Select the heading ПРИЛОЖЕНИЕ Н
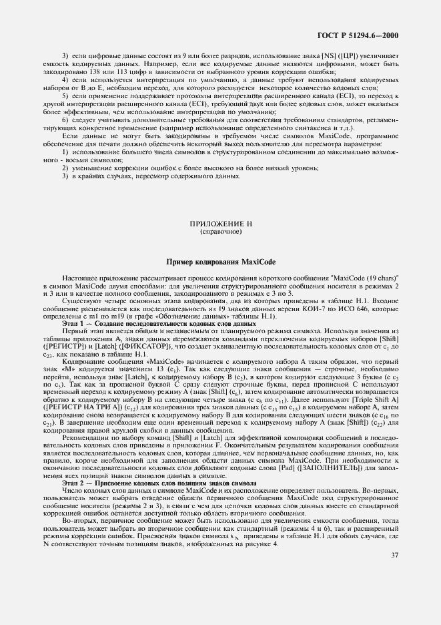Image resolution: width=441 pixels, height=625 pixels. pos(220,223)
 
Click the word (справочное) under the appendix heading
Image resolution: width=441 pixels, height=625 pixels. pos(220,231)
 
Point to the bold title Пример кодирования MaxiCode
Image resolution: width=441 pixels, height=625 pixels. pos(221,262)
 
